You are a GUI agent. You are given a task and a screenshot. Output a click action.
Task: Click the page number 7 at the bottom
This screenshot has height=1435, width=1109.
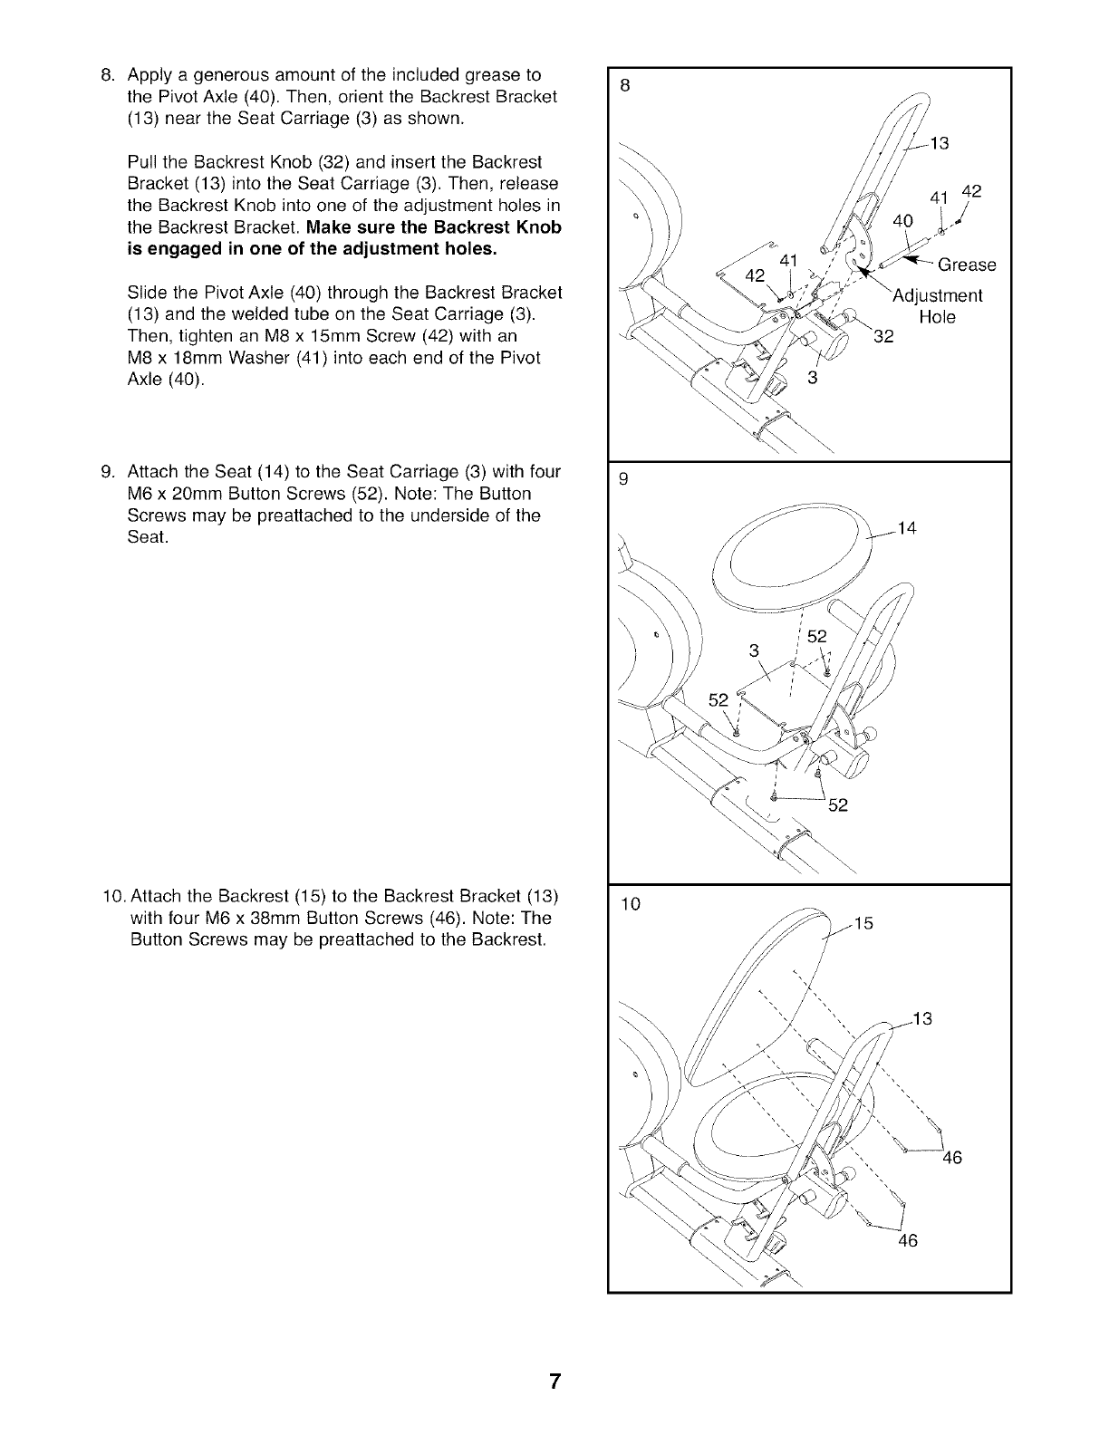pos(554,1382)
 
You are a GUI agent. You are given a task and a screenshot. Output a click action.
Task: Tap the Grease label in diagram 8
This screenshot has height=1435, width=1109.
pos(967,265)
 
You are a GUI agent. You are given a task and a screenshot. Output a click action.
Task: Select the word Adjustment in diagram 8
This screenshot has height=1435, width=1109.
pos(937,296)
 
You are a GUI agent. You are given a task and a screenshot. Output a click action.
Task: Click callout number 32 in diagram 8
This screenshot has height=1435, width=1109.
pos(882,338)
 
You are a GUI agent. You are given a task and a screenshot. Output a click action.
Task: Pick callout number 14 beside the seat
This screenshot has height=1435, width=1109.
pos(907,529)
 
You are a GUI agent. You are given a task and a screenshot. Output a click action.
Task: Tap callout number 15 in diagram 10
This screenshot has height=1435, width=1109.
pos(863,923)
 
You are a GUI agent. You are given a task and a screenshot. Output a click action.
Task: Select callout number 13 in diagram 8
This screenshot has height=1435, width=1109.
pos(939,141)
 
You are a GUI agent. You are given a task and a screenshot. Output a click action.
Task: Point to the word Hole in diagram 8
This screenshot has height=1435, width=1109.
pos(937,317)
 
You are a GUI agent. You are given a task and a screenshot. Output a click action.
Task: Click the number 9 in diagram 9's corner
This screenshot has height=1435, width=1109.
pos(623,480)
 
